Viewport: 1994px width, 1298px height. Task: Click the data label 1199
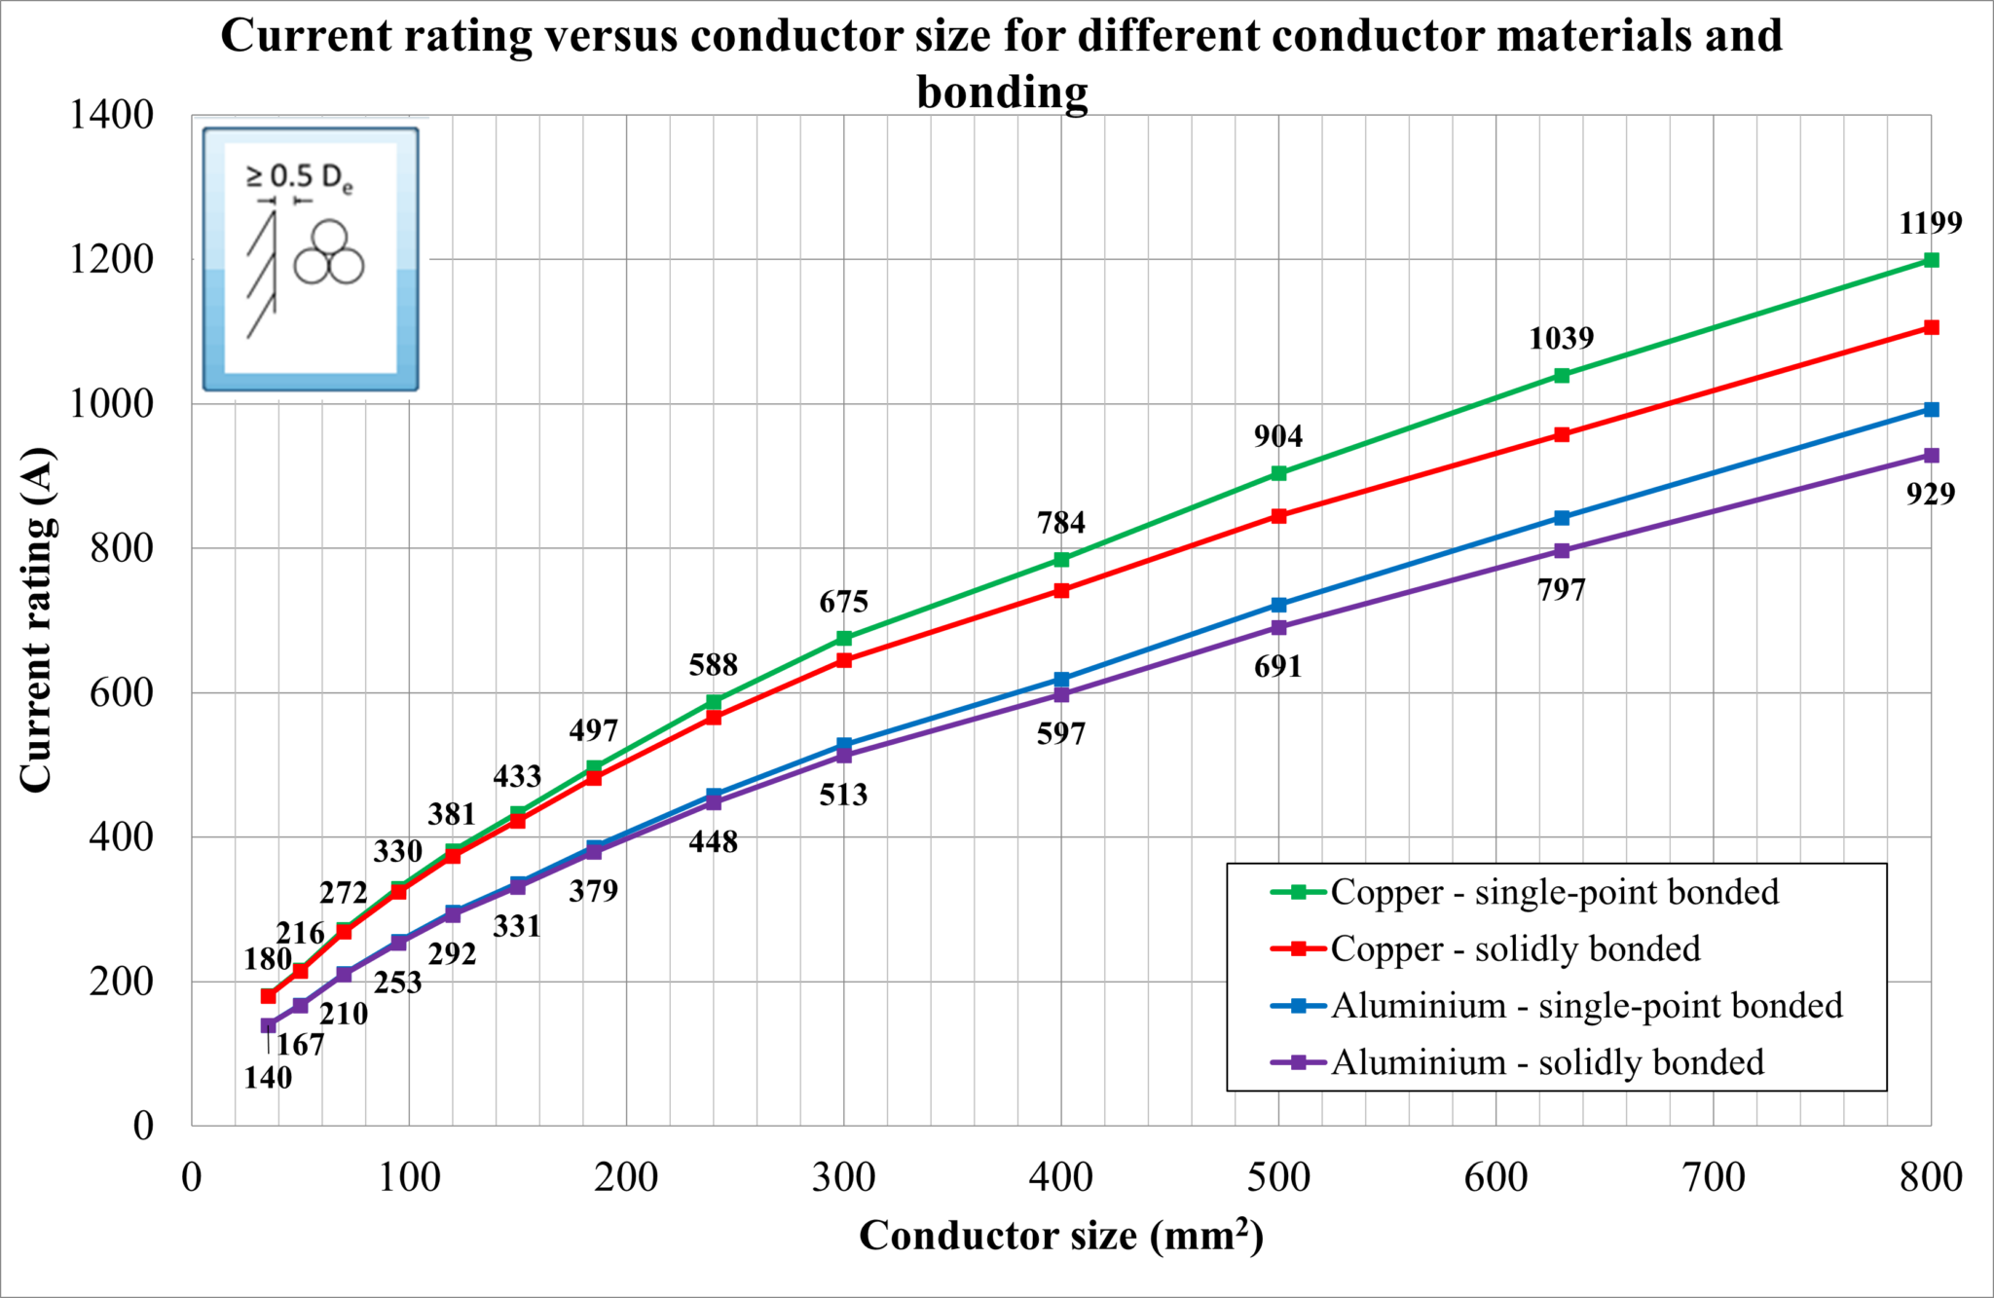tap(1930, 223)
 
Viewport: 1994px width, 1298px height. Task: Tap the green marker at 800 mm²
tap(1931, 260)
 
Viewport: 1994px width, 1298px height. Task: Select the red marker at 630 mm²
tap(1562, 434)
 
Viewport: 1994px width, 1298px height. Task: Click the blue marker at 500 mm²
tap(1278, 605)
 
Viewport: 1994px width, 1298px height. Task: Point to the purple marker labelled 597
tap(1061, 694)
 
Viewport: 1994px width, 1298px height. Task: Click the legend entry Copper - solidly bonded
tap(1515, 948)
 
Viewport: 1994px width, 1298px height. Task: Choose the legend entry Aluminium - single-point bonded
tap(1586, 1005)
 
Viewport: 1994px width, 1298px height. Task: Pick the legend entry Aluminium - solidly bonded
tap(1547, 1061)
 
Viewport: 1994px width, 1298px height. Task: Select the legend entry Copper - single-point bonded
tap(1554, 892)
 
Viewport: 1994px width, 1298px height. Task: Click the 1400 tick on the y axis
tap(111, 115)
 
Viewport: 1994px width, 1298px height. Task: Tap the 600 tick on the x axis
tap(1495, 1177)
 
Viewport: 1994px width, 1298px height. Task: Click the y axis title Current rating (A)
tap(36, 619)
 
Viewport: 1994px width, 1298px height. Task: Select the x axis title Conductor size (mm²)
tap(1061, 1236)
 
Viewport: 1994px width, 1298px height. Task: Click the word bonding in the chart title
tap(1002, 93)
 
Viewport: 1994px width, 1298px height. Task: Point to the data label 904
tap(1278, 436)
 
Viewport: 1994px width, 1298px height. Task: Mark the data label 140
tap(268, 1078)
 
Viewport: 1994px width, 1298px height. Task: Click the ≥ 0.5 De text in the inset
tap(299, 177)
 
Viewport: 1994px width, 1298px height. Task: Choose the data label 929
tap(1930, 495)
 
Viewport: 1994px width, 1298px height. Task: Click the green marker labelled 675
tap(844, 638)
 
